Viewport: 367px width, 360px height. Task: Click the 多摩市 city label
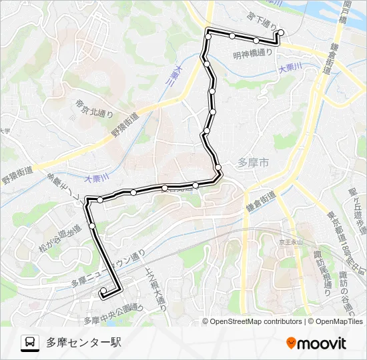pyautogui.click(x=253, y=162)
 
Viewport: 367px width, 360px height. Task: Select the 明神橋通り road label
pyautogui.click(x=253, y=54)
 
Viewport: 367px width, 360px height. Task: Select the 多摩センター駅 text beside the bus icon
pyautogui.click(x=83, y=343)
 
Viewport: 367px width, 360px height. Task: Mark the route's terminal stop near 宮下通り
pyautogui.click(x=280, y=32)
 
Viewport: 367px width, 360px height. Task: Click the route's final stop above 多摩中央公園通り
pyautogui.click(x=103, y=291)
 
